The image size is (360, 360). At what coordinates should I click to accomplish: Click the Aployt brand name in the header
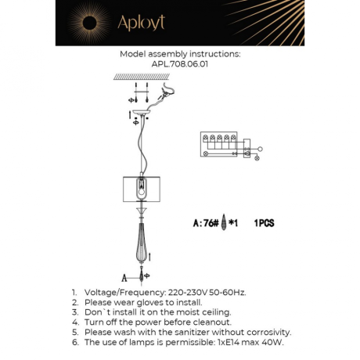(x=142, y=23)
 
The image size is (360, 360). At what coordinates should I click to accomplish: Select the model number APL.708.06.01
(x=180, y=65)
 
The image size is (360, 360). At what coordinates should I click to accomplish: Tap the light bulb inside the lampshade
(x=142, y=189)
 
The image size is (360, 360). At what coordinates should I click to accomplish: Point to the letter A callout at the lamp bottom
(x=124, y=276)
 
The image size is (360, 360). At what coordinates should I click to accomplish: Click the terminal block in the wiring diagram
(x=221, y=142)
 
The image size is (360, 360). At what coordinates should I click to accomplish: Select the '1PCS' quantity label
(x=265, y=222)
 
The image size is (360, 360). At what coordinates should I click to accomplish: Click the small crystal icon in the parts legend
(x=225, y=222)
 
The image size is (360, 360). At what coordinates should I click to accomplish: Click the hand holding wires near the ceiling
(x=165, y=95)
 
